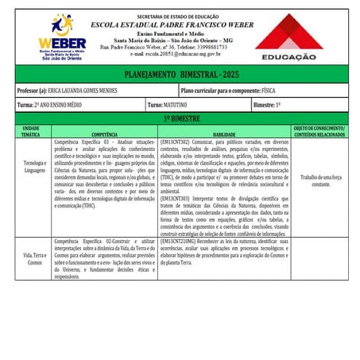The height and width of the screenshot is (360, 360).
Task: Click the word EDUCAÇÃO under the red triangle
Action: click(288, 57)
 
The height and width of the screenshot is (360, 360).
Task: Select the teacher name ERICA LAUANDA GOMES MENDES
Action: click(88, 91)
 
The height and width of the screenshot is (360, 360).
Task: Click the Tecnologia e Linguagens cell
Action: click(32, 166)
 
